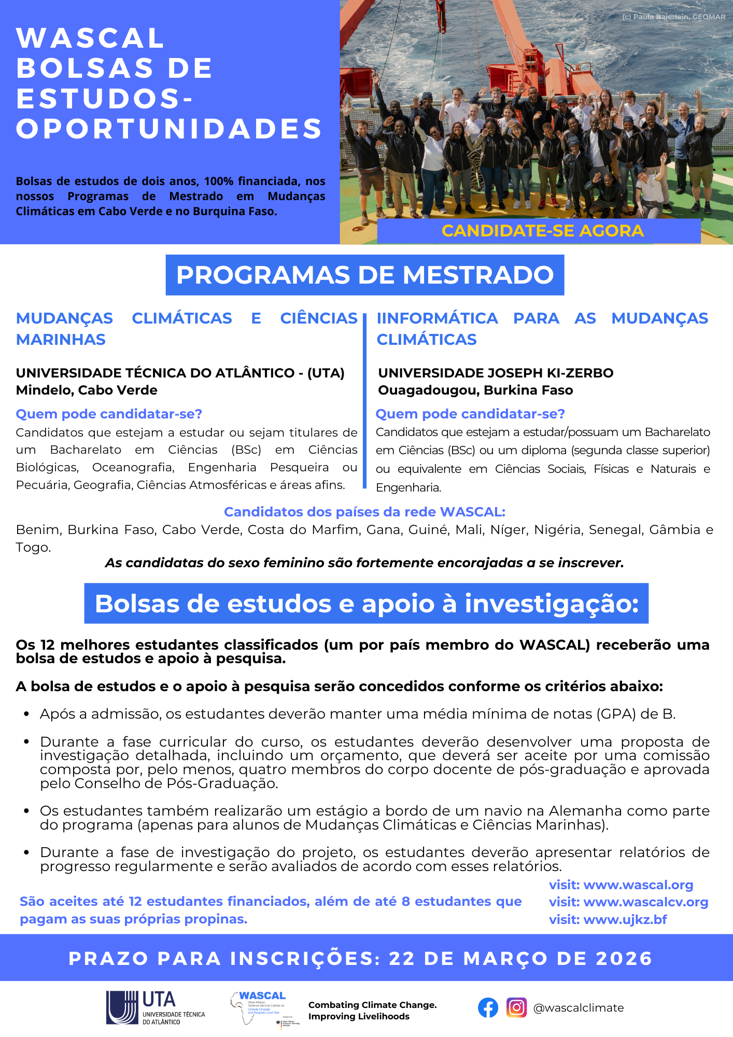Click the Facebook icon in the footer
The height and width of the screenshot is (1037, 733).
pyautogui.click(x=488, y=1007)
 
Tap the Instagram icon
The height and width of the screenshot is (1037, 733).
pyautogui.click(x=516, y=1007)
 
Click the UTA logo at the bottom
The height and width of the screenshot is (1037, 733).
pyautogui.click(x=156, y=1007)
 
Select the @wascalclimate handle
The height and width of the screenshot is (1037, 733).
pyautogui.click(x=579, y=1008)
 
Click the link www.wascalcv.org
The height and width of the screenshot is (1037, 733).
pyautogui.click(x=645, y=902)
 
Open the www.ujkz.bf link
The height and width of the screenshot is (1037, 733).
pyautogui.click(x=625, y=920)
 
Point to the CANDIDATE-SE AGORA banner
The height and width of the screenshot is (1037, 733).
pyautogui.click(x=542, y=231)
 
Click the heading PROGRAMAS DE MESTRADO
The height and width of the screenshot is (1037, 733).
pyautogui.click(x=365, y=275)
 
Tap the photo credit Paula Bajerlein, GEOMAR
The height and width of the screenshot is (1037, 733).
pyautogui.click(x=673, y=17)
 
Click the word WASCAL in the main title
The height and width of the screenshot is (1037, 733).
pyautogui.click(x=91, y=38)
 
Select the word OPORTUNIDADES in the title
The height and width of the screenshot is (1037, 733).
pyautogui.click(x=169, y=129)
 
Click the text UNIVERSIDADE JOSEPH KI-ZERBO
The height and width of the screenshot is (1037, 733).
pyautogui.click(x=496, y=373)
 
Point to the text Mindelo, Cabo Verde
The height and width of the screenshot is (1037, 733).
pyautogui.click(x=87, y=390)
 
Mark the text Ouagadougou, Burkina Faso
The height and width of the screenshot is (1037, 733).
pyautogui.click(x=475, y=390)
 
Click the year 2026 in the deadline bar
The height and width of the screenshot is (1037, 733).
pyautogui.click(x=624, y=959)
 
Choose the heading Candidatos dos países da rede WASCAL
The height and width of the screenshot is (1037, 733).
pyautogui.click(x=364, y=512)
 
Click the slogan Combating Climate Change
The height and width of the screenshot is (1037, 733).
pyautogui.click(x=372, y=1005)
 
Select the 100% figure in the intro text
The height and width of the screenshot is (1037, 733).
pyautogui.click(x=218, y=181)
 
